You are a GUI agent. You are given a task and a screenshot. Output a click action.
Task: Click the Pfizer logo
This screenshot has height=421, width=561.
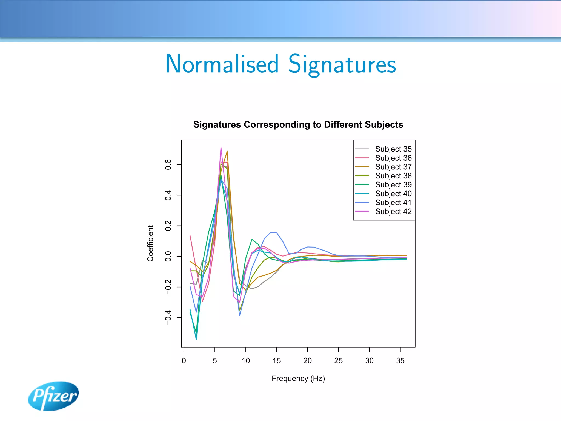53,396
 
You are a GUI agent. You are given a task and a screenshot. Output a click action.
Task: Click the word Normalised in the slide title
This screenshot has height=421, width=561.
222,64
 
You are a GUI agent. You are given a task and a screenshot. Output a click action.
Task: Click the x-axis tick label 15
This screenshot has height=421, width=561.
277,361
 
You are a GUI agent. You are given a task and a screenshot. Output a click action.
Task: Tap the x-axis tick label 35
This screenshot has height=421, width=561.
400,361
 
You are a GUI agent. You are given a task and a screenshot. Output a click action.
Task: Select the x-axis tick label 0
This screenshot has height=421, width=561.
184,361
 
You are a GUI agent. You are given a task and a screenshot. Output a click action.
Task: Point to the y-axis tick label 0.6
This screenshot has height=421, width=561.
168,164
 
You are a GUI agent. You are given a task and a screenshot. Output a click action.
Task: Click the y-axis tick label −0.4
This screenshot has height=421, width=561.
168,318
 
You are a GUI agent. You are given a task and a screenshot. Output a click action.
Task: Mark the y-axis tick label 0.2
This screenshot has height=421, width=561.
168,226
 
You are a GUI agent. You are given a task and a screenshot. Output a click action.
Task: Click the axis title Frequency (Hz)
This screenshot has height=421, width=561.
298,379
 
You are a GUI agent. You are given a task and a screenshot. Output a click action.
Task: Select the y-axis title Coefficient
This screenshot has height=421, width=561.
150,243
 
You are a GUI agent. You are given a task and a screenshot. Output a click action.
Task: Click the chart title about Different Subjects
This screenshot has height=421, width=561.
298,125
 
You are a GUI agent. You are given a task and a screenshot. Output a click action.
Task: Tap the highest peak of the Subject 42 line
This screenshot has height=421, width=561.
221,148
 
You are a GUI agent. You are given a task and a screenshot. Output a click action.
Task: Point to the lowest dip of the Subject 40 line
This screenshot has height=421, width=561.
196,339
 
